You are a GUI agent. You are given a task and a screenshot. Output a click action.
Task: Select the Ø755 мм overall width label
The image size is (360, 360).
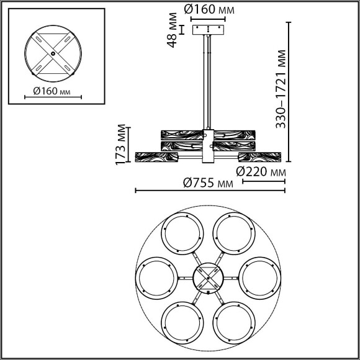click(x=209, y=182)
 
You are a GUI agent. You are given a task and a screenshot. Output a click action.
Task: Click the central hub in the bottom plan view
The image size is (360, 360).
click(x=208, y=277)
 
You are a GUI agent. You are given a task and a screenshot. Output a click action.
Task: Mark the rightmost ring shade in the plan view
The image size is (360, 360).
click(x=259, y=277)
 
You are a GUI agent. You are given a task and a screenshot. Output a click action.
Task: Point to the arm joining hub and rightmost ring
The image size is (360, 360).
click(x=231, y=277)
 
